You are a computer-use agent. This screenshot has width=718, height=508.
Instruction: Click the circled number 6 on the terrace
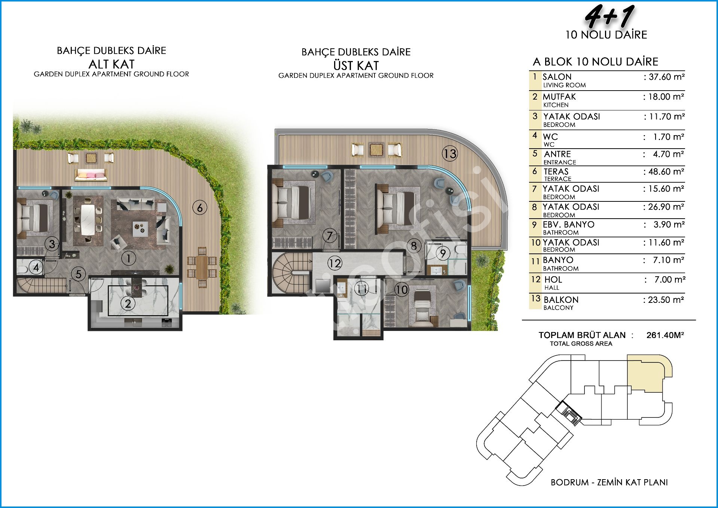click(200, 207)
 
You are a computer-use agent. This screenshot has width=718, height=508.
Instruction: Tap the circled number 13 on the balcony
click(450, 153)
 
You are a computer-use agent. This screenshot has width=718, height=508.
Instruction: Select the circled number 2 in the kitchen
click(128, 303)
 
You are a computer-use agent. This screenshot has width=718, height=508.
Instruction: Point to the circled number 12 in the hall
click(335, 263)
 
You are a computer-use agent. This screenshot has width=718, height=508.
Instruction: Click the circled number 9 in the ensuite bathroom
click(443, 253)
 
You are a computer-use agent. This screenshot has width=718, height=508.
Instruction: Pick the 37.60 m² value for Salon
click(664, 77)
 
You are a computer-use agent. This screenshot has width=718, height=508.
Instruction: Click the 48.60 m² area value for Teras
click(664, 171)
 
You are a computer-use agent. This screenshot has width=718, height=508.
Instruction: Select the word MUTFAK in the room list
click(559, 97)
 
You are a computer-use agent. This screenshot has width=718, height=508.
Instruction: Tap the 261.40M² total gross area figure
click(665, 335)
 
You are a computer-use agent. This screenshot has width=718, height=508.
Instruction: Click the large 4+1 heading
click(609, 16)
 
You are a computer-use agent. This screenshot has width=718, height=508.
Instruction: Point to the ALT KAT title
click(111, 64)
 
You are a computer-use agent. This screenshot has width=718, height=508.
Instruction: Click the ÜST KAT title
click(356, 66)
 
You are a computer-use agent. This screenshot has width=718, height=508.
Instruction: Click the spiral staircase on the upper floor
click(292, 273)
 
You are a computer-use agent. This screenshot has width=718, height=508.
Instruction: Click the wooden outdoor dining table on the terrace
click(202, 267)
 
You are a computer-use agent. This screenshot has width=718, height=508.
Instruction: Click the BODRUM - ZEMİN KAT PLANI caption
click(609, 482)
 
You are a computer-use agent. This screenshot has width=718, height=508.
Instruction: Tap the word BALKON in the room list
click(561, 300)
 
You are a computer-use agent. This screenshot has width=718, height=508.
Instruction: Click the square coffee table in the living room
click(141, 228)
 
